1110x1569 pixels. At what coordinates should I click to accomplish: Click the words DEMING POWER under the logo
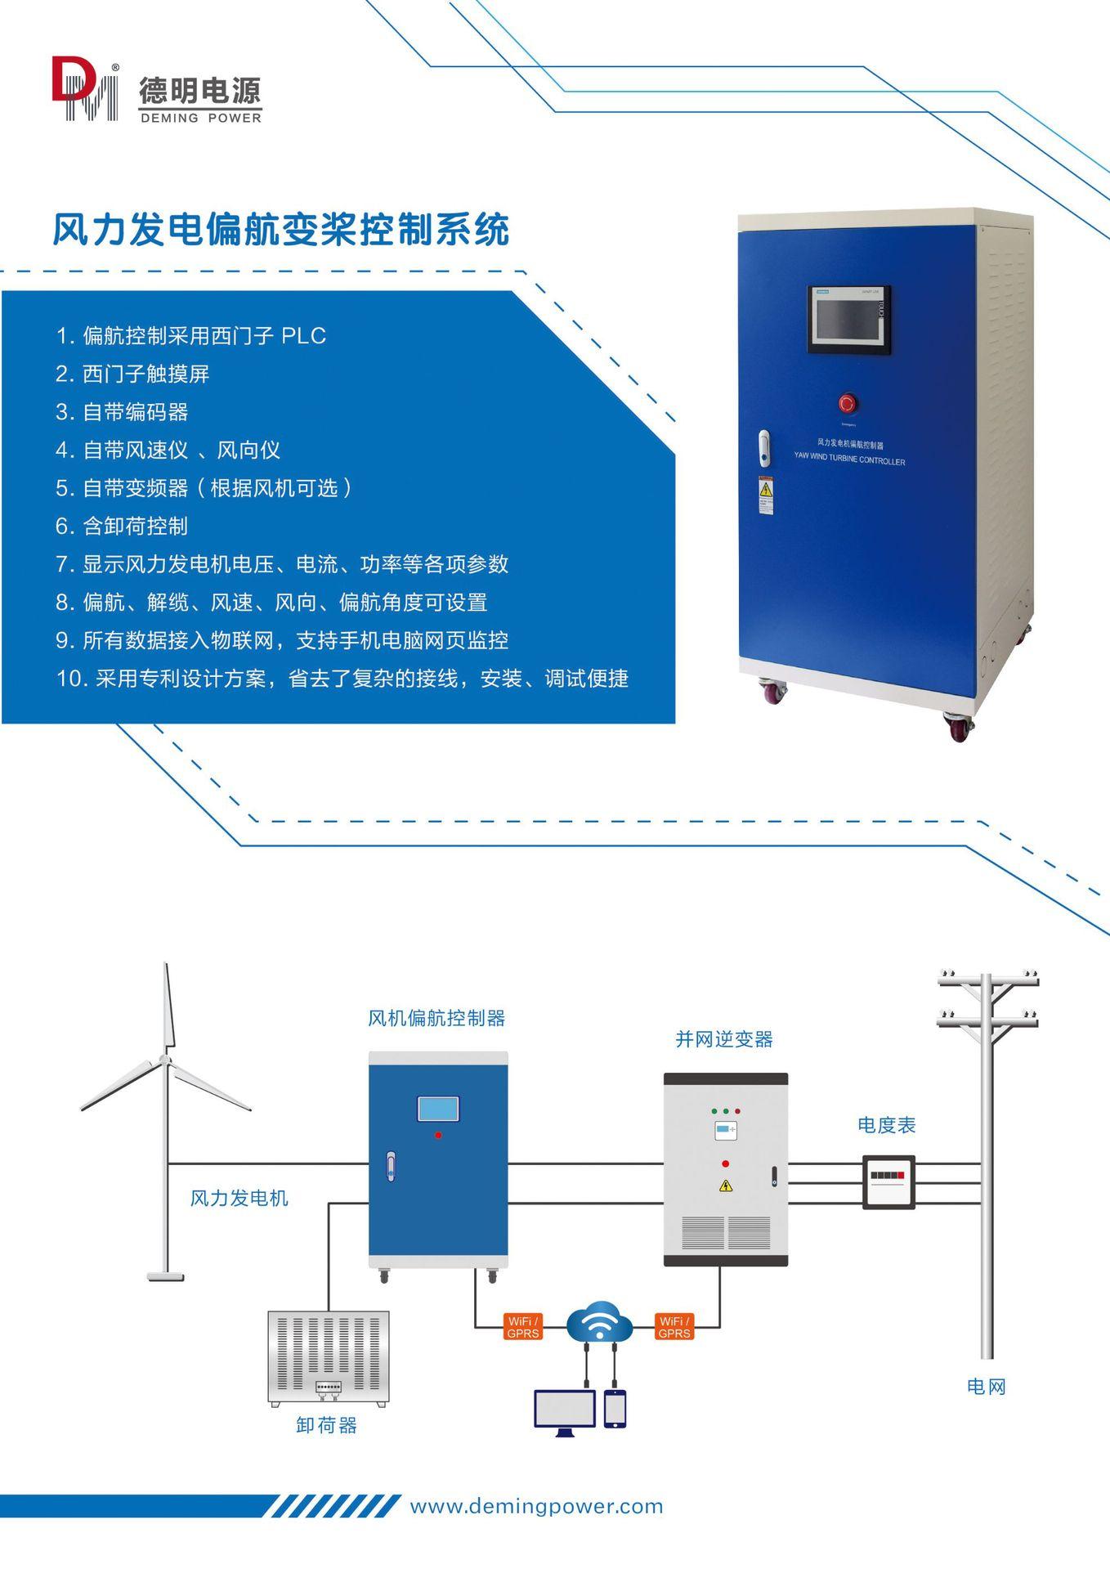click(x=200, y=118)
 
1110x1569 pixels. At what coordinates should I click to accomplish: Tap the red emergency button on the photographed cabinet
click(x=848, y=403)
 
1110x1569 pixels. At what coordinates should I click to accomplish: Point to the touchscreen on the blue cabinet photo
click(x=848, y=320)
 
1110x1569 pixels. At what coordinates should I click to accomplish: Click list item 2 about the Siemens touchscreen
click(x=132, y=374)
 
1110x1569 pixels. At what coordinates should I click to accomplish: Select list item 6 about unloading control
click(x=122, y=526)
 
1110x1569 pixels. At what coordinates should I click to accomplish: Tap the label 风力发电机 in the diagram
click(x=239, y=1198)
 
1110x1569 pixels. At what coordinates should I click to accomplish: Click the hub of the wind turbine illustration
click(x=166, y=1060)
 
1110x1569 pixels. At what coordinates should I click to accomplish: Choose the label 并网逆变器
click(x=723, y=1039)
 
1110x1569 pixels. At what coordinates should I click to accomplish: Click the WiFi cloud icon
click(x=599, y=1322)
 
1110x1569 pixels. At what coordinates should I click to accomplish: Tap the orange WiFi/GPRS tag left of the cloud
click(x=523, y=1327)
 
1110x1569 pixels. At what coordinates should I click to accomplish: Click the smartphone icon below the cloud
click(x=615, y=1409)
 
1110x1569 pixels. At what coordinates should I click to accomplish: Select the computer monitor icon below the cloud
click(x=565, y=1410)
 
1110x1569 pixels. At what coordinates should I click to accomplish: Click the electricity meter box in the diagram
click(x=888, y=1181)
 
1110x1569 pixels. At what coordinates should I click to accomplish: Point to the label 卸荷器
click(x=326, y=1425)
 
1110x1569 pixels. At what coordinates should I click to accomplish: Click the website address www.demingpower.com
click(x=536, y=1506)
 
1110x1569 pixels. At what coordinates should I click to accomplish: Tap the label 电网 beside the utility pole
click(x=986, y=1386)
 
